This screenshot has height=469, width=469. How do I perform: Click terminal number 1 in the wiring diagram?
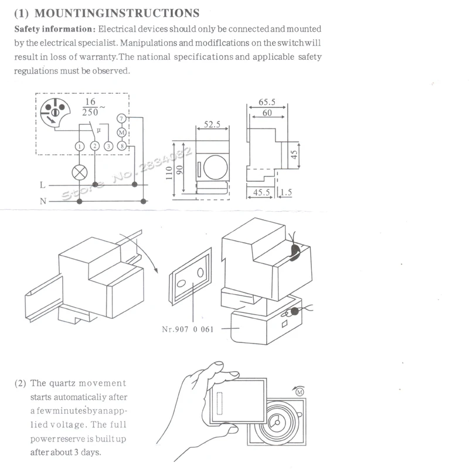(80, 146)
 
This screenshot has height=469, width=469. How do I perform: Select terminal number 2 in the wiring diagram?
(95, 146)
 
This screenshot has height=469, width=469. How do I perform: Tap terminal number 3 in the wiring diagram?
(108, 146)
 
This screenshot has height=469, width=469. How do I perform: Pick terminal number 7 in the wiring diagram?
(121, 119)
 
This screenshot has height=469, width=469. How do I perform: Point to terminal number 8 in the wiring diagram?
(122, 146)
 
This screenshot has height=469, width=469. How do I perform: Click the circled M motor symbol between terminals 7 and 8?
(121, 132)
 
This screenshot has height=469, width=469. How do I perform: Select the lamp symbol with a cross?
(80, 172)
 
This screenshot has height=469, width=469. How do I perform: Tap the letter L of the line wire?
(42, 185)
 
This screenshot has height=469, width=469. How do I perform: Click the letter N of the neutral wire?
(43, 201)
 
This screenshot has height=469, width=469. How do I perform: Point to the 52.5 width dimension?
(212, 124)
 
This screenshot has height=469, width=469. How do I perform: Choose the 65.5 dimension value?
(267, 102)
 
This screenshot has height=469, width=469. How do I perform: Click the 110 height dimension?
(169, 173)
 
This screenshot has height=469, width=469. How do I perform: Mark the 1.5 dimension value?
(286, 192)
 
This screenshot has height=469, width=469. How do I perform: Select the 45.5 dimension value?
(261, 192)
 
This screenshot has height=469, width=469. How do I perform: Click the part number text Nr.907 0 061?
(188, 329)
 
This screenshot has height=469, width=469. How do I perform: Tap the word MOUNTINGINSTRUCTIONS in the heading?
(117, 13)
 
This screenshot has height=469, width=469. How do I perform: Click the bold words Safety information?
(55, 29)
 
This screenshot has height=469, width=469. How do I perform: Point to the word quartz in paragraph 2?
(62, 383)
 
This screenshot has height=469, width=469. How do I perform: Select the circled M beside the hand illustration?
(300, 392)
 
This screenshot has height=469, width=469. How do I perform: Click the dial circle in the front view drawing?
(215, 167)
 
